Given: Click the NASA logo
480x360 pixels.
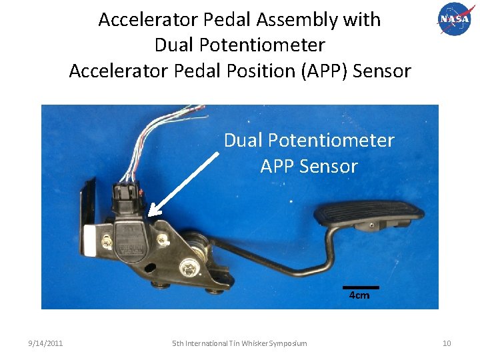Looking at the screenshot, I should (x=454, y=20).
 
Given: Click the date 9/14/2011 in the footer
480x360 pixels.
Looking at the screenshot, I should (x=45, y=343).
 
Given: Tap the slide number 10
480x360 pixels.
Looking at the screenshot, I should (x=447, y=343).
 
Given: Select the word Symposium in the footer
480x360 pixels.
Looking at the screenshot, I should (x=288, y=343).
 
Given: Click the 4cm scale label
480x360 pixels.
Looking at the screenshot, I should (x=359, y=295).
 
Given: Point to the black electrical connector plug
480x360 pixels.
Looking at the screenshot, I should (x=127, y=193).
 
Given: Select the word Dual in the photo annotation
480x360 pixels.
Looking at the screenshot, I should (x=243, y=141).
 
